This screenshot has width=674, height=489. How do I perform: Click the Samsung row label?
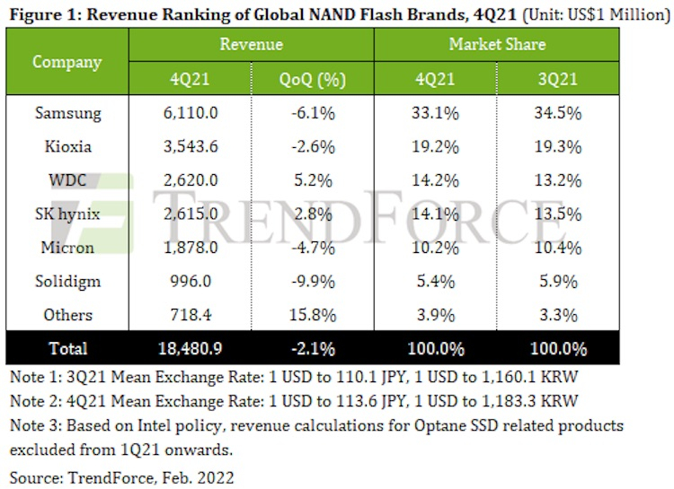pyautogui.click(x=67, y=113)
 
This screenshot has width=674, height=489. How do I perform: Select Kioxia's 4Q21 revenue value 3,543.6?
pyautogui.click(x=191, y=146)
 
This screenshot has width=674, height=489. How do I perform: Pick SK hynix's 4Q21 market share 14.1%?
pyautogui.click(x=435, y=214)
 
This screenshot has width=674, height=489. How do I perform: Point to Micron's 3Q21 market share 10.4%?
pyautogui.click(x=559, y=248)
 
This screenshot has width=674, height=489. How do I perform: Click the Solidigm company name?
pyautogui.click(x=67, y=281)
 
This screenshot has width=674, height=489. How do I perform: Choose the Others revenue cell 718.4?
pyautogui.click(x=191, y=315)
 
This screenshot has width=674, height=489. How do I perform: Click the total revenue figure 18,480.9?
pyautogui.click(x=191, y=348)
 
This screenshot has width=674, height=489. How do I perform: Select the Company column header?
pyautogui.click(x=67, y=62)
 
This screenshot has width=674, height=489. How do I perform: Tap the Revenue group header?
pyautogui.click(x=252, y=44)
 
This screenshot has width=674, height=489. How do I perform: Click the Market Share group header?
pyautogui.click(x=497, y=44)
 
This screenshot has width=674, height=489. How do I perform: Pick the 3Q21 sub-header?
pyautogui.click(x=559, y=80)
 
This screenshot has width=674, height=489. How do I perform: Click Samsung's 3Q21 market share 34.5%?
pyautogui.click(x=559, y=113)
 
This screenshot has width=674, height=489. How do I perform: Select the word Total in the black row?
pyautogui.click(x=67, y=348)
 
